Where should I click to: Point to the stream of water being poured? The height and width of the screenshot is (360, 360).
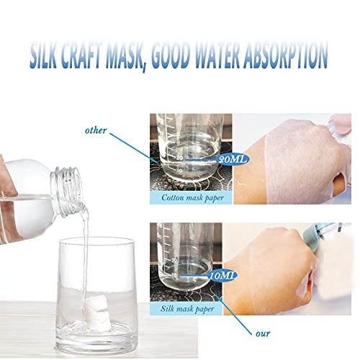(x=86, y=245)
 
